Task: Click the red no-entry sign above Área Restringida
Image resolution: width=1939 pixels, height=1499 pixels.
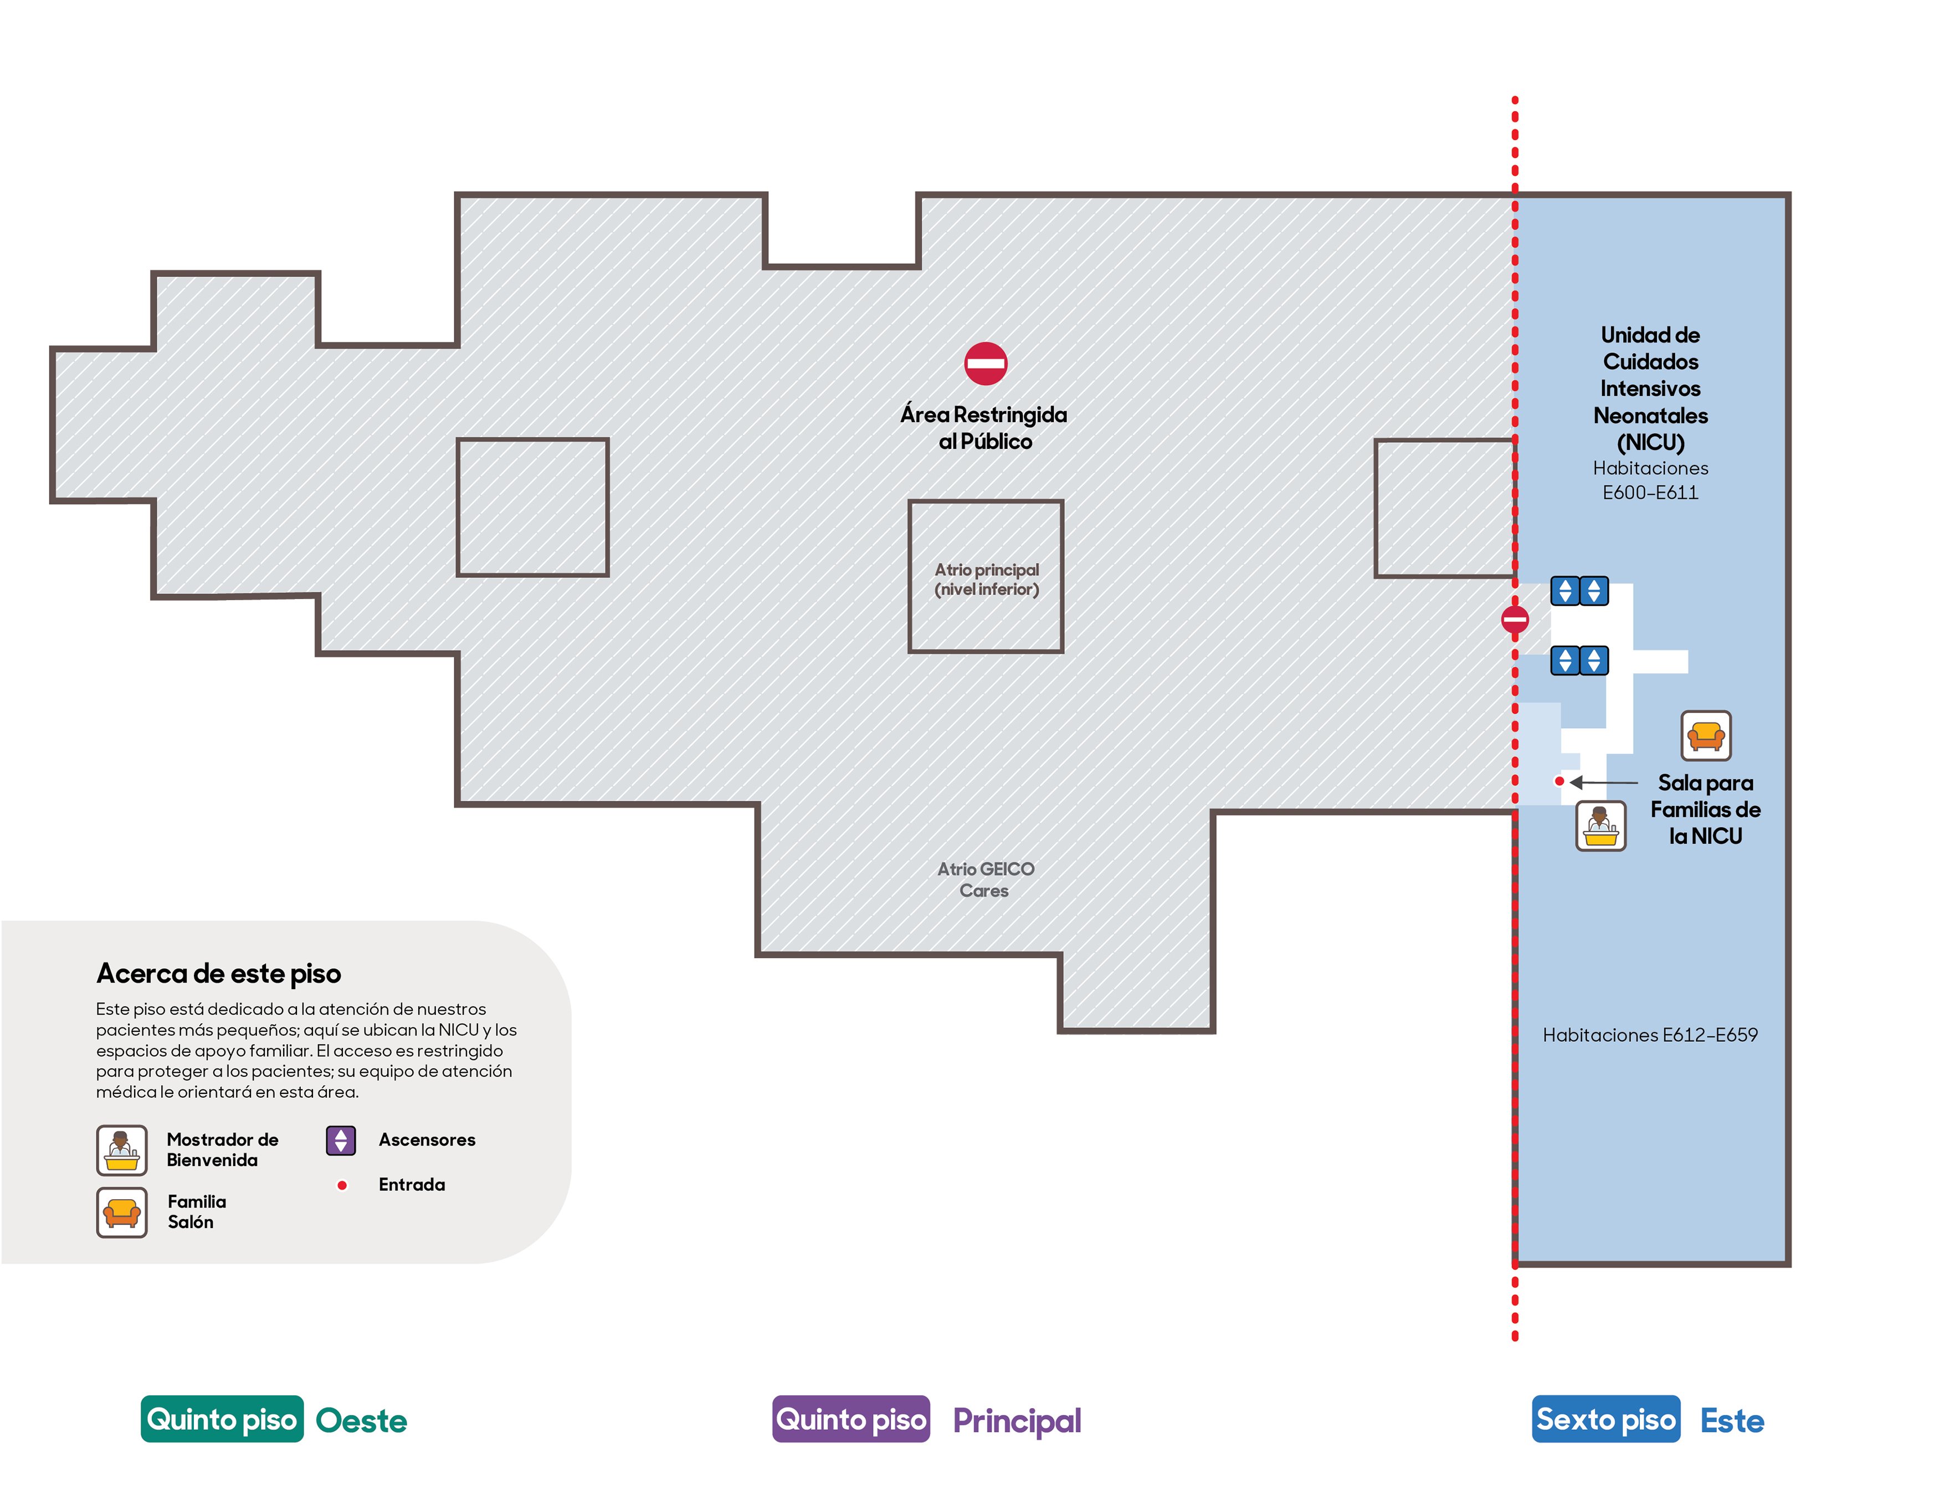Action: (x=986, y=363)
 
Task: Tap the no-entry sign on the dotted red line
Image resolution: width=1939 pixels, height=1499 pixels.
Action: (x=1515, y=619)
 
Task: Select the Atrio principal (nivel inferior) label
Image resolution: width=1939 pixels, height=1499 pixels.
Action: (x=986, y=579)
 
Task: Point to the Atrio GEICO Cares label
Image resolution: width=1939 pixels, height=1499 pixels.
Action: (x=986, y=879)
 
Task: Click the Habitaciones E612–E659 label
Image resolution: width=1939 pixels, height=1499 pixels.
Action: (x=1650, y=1035)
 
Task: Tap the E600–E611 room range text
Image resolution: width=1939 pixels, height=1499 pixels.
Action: (x=1650, y=492)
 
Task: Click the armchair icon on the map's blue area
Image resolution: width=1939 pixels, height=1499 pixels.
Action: (x=1706, y=735)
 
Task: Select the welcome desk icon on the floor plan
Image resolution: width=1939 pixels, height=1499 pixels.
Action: (x=1601, y=826)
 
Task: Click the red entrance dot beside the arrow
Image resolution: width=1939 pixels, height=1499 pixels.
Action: (x=1559, y=781)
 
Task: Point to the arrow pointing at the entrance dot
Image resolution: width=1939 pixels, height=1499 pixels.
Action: (x=1603, y=782)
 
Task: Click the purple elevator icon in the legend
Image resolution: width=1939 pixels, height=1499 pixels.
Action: (x=341, y=1140)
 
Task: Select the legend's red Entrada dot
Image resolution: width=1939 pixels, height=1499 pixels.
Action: (x=342, y=1185)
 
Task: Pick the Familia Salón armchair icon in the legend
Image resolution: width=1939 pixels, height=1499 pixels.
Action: (x=122, y=1212)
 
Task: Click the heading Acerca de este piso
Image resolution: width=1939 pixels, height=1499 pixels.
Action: (x=218, y=973)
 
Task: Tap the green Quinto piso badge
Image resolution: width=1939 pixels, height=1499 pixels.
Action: (x=222, y=1419)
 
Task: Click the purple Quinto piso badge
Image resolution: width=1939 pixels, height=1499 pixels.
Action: (x=850, y=1419)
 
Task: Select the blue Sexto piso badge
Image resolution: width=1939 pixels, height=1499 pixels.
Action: (x=1606, y=1419)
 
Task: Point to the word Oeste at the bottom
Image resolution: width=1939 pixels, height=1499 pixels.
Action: (x=361, y=1421)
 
